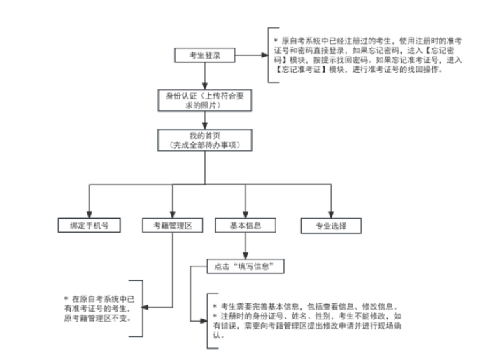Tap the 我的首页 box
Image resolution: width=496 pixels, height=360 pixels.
pos(204,140)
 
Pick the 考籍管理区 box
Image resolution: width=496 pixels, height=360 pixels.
pos(172,226)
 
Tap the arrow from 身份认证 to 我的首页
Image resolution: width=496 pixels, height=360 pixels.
pos(203,120)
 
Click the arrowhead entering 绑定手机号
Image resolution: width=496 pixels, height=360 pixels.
pos(87,214)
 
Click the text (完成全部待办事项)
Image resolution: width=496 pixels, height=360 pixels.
pos(204,144)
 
